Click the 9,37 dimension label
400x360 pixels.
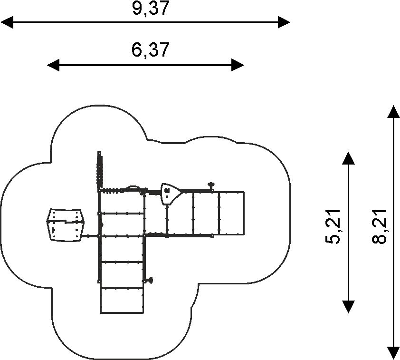coord(151,8)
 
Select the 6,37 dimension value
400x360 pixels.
coord(150,50)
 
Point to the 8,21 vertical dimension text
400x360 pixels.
coord(380,227)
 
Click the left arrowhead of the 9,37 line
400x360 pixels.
coord(7,22)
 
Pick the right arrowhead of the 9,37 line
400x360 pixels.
coord(284,22)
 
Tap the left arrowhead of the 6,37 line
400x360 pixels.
coord(53,65)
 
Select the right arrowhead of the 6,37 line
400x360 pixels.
coord(238,65)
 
